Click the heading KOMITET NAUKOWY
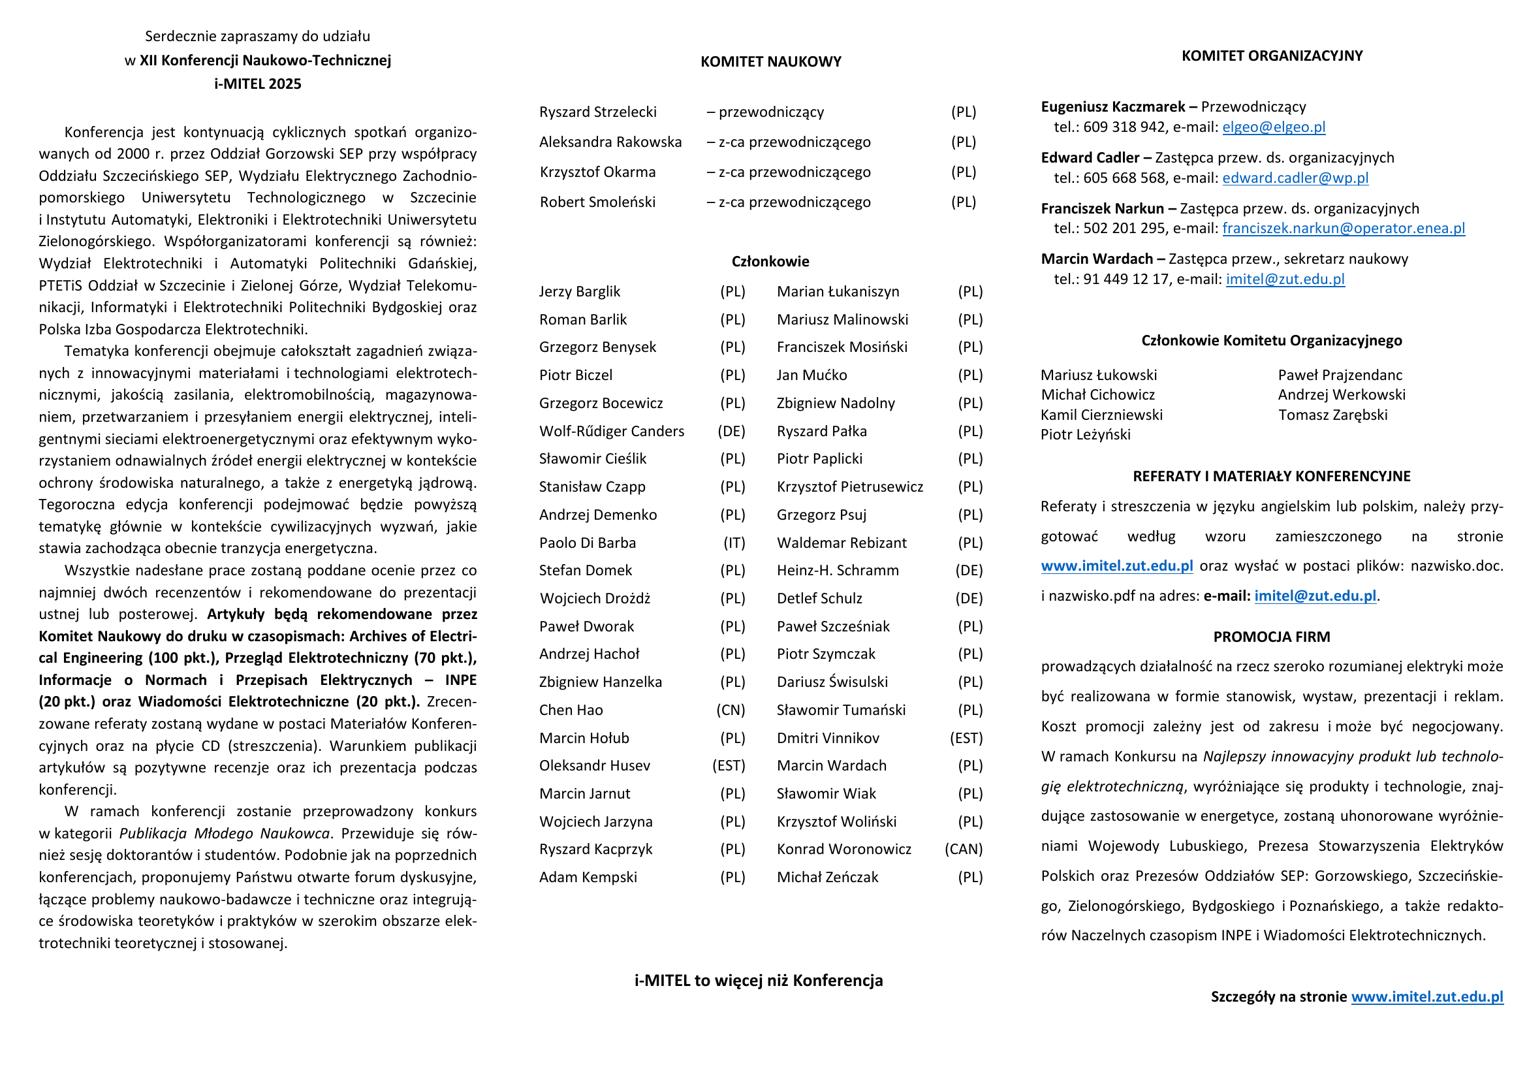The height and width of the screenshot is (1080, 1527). pyautogui.click(x=770, y=62)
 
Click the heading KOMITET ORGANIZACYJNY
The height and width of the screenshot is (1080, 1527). pyautogui.click(x=1271, y=56)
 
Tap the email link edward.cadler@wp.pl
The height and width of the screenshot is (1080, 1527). pyautogui.click(x=1295, y=178)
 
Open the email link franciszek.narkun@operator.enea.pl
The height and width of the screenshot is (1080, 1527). pyautogui.click(x=1343, y=228)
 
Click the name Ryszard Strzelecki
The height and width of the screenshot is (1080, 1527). pyautogui.click(x=597, y=112)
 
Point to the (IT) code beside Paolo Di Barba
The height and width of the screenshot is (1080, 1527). pyautogui.click(x=734, y=543)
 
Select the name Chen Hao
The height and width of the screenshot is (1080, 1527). pyautogui.click(x=571, y=710)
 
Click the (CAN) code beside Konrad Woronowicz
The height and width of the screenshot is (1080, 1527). pyautogui.click(x=963, y=849)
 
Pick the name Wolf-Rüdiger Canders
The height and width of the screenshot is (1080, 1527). pyautogui.click(x=611, y=431)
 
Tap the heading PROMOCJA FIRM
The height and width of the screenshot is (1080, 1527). pyautogui.click(x=1271, y=637)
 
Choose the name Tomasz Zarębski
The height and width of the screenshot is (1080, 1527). pyautogui.click(x=1332, y=415)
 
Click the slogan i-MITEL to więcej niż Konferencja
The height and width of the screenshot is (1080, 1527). pyautogui.click(x=758, y=980)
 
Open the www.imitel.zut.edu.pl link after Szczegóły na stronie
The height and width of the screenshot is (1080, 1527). pyautogui.click(x=1427, y=997)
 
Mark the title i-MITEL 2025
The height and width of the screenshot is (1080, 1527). pyautogui.click(x=257, y=84)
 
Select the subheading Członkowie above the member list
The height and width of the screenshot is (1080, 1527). pyautogui.click(x=770, y=262)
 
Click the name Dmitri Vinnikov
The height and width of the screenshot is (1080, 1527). pyautogui.click(x=827, y=738)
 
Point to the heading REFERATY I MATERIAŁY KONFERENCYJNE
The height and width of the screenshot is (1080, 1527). pyautogui.click(x=1271, y=477)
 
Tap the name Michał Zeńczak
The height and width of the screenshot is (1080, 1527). pyautogui.click(x=827, y=877)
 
